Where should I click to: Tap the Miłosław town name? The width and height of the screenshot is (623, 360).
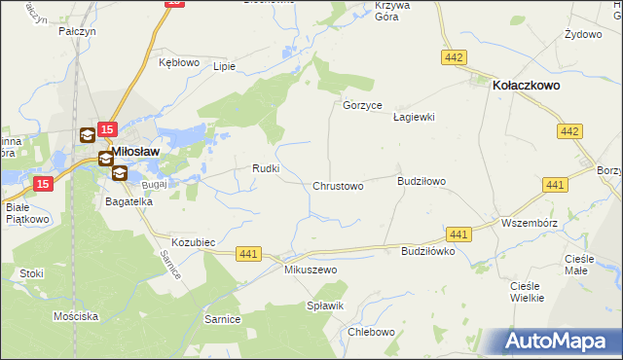(x=136, y=152)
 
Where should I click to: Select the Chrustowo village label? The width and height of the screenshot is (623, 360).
(x=338, y=186)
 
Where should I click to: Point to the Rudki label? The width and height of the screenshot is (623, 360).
(x=267, y=168)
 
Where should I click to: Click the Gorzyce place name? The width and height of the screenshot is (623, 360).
(x=362, y=105)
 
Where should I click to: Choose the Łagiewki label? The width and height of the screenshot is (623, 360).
(x=413, y=117)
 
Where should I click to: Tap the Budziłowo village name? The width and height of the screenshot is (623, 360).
(x=421, y=181)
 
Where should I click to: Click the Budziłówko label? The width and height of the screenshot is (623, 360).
(x=428, y=251)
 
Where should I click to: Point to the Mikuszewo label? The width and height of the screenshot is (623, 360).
(x=310, y=270)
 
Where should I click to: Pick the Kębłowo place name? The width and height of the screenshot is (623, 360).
(x=178, y=62)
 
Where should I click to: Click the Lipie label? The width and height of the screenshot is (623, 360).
(x=225, y=67)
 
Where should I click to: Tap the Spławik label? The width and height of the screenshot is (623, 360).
(x=326, y=306)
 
